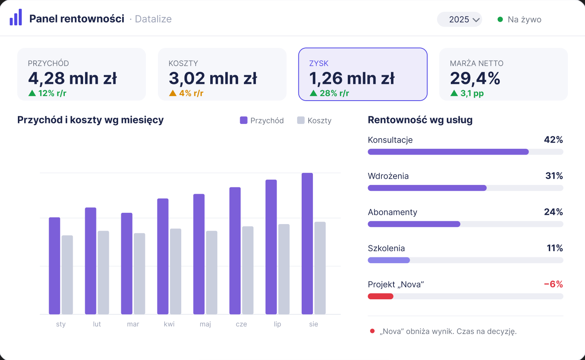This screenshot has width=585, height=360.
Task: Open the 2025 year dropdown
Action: coord(460,20)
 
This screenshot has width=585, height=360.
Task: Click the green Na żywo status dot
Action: coord(500,20)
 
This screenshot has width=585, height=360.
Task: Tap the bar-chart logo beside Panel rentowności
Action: coord(16,17)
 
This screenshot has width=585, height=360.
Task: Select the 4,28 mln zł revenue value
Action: coord(72,78)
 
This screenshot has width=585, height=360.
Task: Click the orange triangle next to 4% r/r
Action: coord(172,93)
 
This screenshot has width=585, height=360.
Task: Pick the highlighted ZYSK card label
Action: coord(319,63)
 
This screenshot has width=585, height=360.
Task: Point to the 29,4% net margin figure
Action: coord(475,78)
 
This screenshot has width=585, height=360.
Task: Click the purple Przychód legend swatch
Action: coord(243,120)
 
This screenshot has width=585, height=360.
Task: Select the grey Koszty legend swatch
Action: coord(300,120)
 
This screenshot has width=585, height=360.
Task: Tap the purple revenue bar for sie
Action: coord(307,244)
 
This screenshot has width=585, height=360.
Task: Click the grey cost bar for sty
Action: coord(67,275)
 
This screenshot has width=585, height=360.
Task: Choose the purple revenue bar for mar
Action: coord(127,264)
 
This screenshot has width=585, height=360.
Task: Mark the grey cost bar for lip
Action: coord(284,269)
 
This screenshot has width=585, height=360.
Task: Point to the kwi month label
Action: coord(169,324)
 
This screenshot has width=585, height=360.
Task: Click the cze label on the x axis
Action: coord(241,324)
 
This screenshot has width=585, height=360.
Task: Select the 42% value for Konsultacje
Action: coord(553,140)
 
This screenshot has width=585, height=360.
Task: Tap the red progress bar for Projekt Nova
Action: coord(381,296)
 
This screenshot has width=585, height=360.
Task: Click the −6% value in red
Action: coord(553,284)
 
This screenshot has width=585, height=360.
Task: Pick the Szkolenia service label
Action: coord(386,248)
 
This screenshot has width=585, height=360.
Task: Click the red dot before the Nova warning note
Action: coord(372,331)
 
